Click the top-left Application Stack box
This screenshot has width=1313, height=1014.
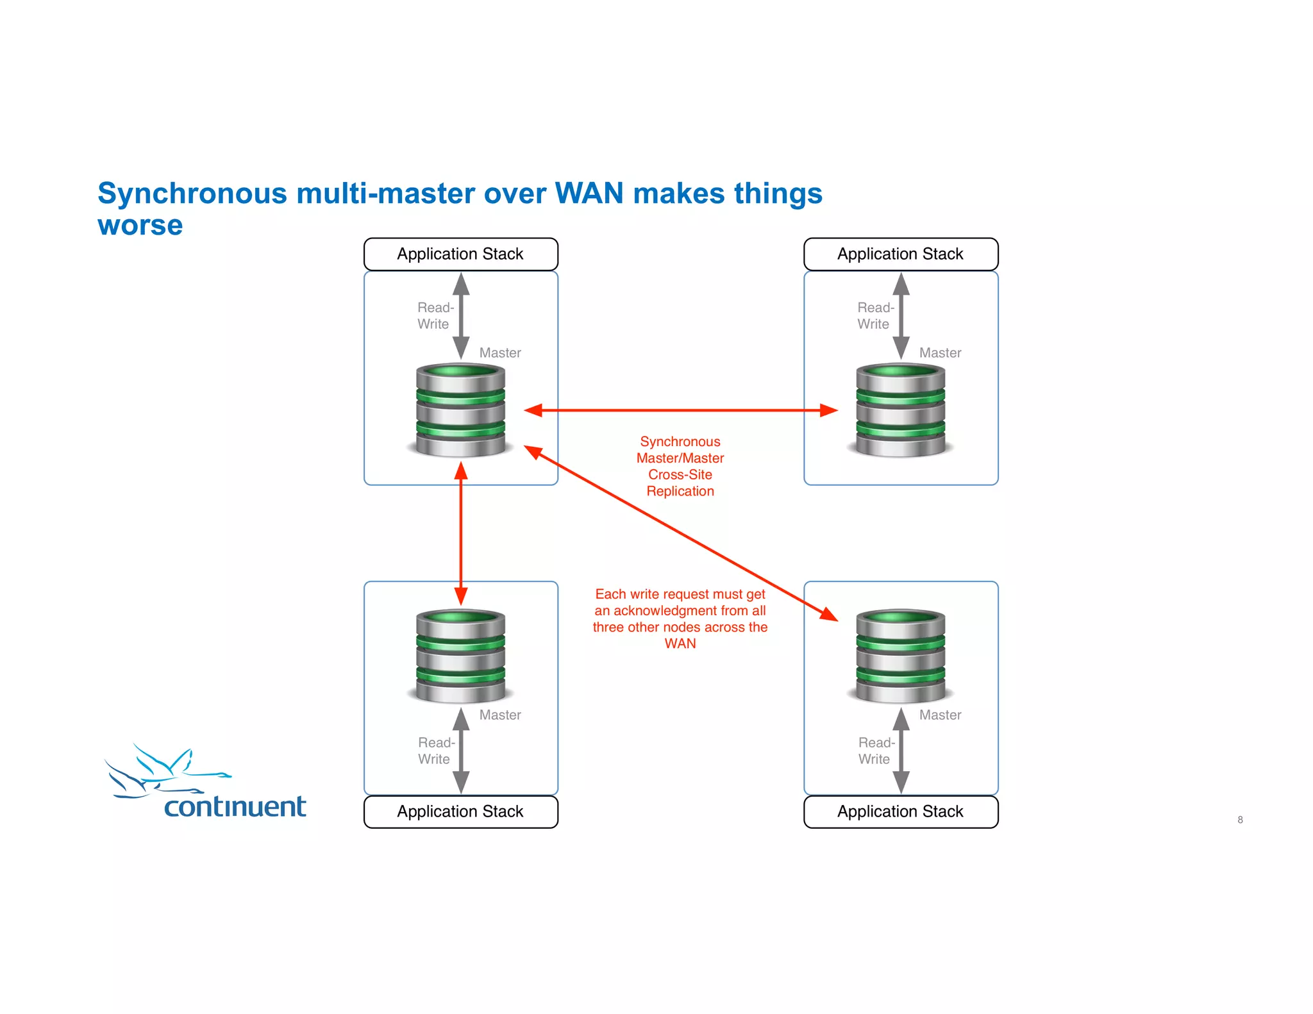pos(460,254)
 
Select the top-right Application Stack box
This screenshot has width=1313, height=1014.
pos(900,254)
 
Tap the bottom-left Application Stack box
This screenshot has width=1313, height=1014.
pos(460,811)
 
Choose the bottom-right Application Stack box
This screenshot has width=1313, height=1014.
pos(900,811)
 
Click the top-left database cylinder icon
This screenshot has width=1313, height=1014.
pos(460,410)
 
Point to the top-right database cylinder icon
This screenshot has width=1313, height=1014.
pos(900,410)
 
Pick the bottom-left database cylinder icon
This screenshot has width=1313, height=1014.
pos(460,656)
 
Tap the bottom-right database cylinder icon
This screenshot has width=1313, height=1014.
pos(900,656)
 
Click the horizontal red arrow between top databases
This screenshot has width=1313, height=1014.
pos(680,410)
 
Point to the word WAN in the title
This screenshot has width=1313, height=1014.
pos(589,194)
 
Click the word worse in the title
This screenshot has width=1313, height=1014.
pos(140,226)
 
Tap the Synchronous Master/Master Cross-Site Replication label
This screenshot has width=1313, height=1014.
pos(680,466)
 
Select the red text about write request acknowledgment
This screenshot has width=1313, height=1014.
pos(680,619)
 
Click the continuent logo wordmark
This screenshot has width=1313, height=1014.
pos(235,806)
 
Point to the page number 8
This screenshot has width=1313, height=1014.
pos(1240,820)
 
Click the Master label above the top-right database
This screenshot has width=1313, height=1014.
pos(940,353)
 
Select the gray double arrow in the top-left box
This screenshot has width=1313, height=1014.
pos(461,316)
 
